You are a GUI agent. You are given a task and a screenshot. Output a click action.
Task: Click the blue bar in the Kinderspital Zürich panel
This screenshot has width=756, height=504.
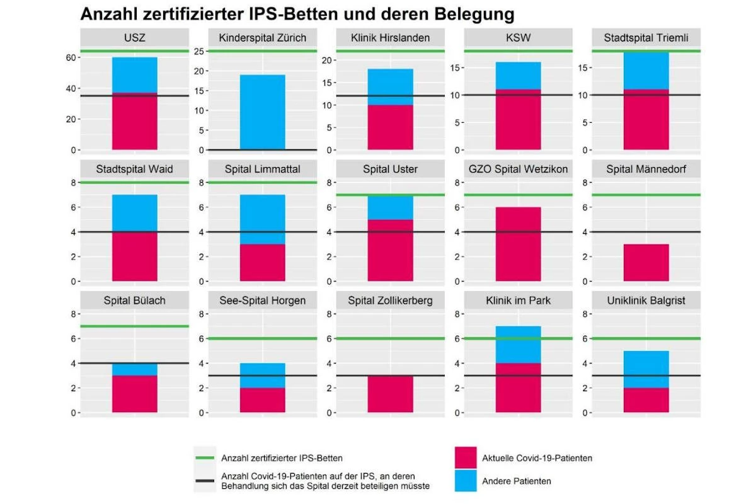263,112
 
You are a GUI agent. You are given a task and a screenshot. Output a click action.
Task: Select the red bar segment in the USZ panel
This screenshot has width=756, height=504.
135,121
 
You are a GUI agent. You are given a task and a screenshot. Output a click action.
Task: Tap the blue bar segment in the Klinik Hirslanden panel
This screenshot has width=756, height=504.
391,87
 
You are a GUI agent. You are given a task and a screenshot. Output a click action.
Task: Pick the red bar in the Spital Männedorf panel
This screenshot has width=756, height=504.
646,263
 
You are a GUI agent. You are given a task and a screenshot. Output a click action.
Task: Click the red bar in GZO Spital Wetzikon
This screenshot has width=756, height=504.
518,244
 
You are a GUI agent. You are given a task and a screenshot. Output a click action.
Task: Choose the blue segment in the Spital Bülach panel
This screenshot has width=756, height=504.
135,369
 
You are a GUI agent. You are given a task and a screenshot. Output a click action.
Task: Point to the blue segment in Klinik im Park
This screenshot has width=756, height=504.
518,345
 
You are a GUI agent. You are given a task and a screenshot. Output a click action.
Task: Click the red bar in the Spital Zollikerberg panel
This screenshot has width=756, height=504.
391,394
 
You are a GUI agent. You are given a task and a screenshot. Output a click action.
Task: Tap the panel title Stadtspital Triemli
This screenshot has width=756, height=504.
646,38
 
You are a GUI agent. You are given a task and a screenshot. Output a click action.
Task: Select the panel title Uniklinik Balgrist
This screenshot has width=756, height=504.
646,301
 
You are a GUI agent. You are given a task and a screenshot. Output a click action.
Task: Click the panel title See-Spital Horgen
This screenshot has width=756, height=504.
263,301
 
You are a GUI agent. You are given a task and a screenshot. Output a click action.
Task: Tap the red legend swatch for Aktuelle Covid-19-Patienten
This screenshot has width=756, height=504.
466,458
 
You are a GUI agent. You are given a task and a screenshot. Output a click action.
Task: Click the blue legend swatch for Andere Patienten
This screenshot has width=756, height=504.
466,480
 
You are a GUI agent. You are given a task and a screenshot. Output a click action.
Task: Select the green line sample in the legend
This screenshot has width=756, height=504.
205,458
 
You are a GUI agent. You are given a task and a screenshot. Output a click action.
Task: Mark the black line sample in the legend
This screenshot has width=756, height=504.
205,481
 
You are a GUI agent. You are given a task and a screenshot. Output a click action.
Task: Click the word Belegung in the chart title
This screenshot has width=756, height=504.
474,14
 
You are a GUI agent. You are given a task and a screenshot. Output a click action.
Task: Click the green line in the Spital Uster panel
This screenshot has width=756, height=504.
391,195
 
